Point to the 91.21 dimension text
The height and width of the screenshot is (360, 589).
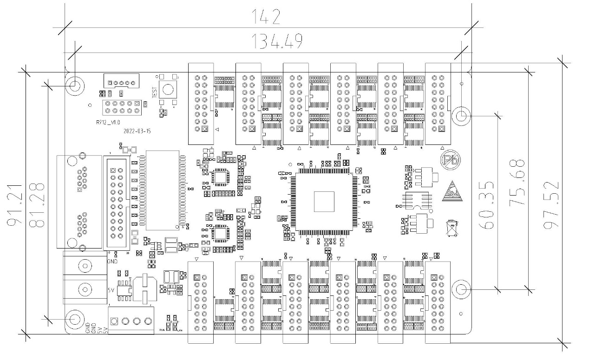click(x=15, y=203)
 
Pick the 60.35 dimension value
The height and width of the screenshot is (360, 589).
click(x=488, y=205)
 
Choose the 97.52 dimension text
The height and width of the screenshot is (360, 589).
click(x=550, y=205)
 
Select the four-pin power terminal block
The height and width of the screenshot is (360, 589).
click(x=131, y=321)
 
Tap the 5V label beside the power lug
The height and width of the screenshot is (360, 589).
click(x=111, y=290)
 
